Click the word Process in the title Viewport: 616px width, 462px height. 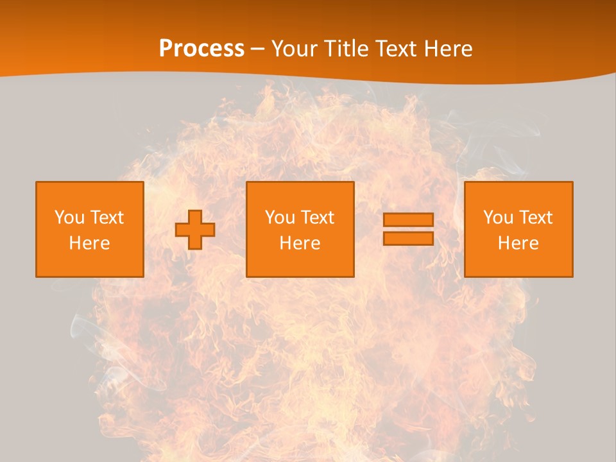(201, 49)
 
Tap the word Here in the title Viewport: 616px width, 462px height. (447, 49)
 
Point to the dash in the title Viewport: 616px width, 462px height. (257, 49)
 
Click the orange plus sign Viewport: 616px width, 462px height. (195, 230)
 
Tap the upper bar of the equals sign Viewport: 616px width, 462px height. (408, 220)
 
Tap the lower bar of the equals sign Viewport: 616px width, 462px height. (408, 238)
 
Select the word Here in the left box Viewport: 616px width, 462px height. (89, 243)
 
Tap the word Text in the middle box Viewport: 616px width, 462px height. (316, 218)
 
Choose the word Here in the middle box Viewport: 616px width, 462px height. (300, 243)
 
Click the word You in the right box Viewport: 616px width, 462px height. (498, 218)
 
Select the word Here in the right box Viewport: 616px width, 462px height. (518, 243)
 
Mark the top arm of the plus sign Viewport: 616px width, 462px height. (195, 217)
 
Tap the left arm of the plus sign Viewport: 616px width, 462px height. (182, 230)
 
